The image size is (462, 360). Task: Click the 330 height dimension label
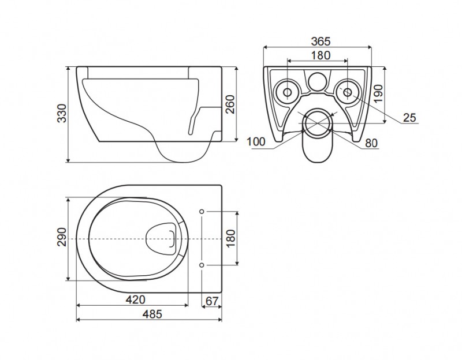point(62,113)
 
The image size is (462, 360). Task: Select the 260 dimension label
point(230,104)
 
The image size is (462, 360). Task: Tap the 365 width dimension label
point(321,42)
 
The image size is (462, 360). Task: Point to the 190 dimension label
point(378,93)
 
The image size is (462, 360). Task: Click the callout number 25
point(409,118)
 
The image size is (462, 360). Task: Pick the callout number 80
point(371,143)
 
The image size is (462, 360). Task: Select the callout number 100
point(256,142)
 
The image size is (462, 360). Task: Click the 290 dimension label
point(62,237)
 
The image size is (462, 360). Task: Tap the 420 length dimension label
point(136,300)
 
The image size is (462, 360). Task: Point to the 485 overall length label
point(152,314)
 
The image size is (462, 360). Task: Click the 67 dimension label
point(212,301)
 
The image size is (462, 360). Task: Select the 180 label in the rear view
point(321,55)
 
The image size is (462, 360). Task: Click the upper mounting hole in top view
point(202,211)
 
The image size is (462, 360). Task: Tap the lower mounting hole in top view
point(202,265)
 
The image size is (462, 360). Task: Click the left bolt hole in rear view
point(288,92)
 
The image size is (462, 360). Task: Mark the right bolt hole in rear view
point(348,92)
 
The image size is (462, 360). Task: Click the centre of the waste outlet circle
point(318,123)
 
